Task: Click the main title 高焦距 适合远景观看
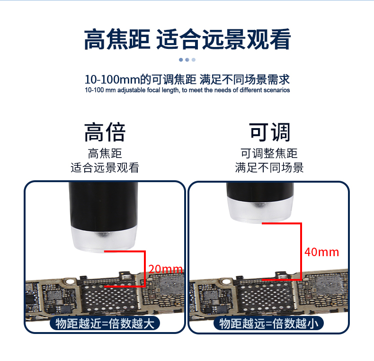(x=187, y=39)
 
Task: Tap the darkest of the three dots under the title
(x=181, y=59)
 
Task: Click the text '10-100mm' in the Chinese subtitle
(x=112, y=79)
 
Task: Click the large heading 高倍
(x=105, y=132)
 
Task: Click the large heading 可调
(x=269, y=132)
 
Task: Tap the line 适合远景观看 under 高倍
(x=105, y=167)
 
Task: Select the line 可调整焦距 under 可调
(x=269, y=153)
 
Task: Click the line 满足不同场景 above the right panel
(x=269, y=167)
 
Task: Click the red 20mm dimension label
(x=165, y=269)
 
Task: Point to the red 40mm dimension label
(x=322, y=252)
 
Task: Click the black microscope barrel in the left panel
(x=103, y=205)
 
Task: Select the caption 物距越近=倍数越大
(x=105, y=324)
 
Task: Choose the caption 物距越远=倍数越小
(x=269, y=324)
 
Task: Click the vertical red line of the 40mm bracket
(x=301, y=251)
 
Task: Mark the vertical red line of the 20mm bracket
(x=144, y=268)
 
